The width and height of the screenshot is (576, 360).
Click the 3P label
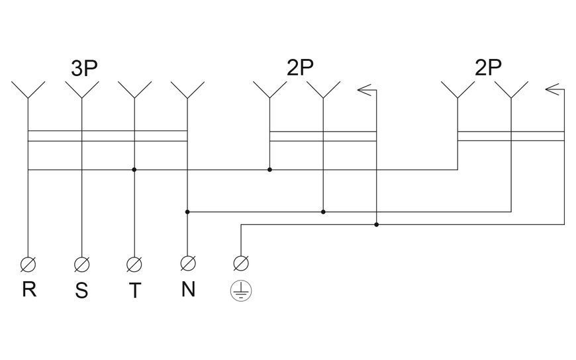tap(84, 68)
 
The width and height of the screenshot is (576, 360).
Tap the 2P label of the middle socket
tap(300, 67)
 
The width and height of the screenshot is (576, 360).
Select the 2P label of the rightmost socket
tap(488, 67)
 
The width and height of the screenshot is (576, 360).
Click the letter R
tap(29, 289)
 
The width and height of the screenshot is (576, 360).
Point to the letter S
tap(81, 291)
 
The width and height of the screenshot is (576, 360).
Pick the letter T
tap(135, 291)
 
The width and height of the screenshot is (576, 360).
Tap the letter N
tap(188, 289)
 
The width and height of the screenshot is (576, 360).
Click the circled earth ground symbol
tap(241, 291)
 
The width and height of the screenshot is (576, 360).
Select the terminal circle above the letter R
tap(28, 264)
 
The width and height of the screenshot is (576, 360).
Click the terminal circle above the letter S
tap(81, 264)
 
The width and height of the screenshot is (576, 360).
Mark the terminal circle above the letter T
tap(134, 264)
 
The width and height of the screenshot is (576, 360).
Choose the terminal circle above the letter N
tap(188, 263)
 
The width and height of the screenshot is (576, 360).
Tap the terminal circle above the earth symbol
tap(241, 263)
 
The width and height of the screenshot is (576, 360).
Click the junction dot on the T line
tap(134, 169)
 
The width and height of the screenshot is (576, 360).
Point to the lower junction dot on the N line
tap(187, 212)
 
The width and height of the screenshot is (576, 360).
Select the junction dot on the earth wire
tap(376, 224)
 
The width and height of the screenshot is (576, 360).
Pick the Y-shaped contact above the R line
tap(28, 89)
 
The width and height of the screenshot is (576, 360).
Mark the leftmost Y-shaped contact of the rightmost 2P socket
tap(457, 89)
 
